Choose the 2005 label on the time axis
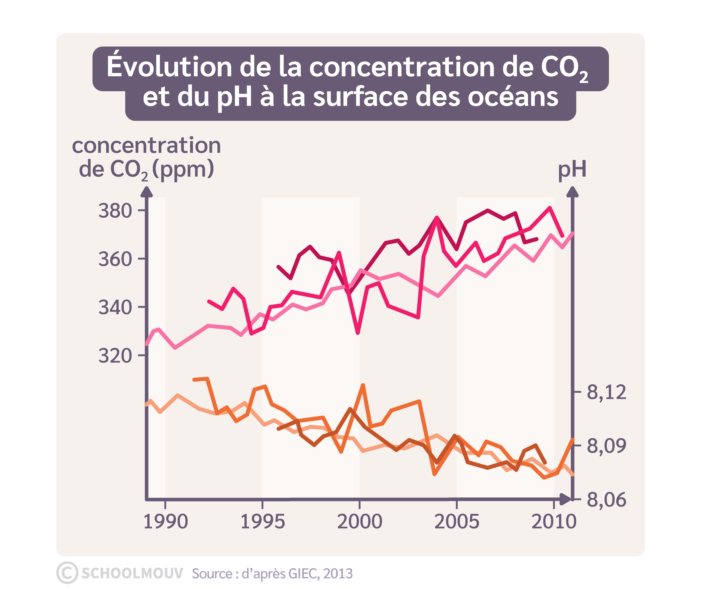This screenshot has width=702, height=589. click(x=457, y=521)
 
